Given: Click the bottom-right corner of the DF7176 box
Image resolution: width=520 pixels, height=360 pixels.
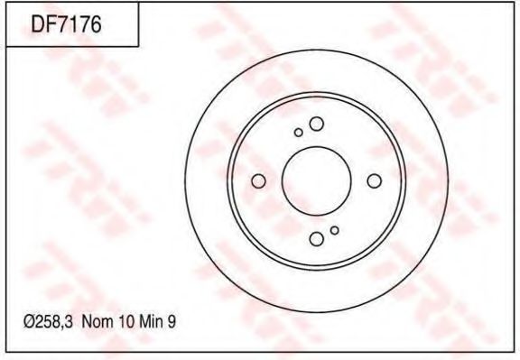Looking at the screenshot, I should point(138,47).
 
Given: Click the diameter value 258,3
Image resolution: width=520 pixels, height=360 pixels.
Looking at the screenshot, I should point(52,320).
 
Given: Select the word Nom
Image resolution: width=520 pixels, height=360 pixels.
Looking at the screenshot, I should point(97,320).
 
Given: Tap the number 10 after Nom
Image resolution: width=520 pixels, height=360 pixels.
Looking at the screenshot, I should point(124,320).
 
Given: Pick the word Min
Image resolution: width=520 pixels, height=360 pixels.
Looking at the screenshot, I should point(149,320).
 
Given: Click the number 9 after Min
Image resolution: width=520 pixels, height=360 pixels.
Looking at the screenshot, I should point(169,320).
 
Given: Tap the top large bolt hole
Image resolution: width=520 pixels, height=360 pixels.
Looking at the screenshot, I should point(316,124).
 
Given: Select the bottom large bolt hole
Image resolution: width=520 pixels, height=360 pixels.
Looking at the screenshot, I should point(316,239).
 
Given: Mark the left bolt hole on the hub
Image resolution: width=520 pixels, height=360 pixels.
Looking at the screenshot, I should point(258,181).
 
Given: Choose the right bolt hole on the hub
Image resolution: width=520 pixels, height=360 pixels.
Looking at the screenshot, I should point(374,181).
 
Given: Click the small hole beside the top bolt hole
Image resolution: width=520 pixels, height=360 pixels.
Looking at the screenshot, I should point(299,133).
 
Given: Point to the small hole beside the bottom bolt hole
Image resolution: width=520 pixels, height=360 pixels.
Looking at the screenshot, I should point(334,230).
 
